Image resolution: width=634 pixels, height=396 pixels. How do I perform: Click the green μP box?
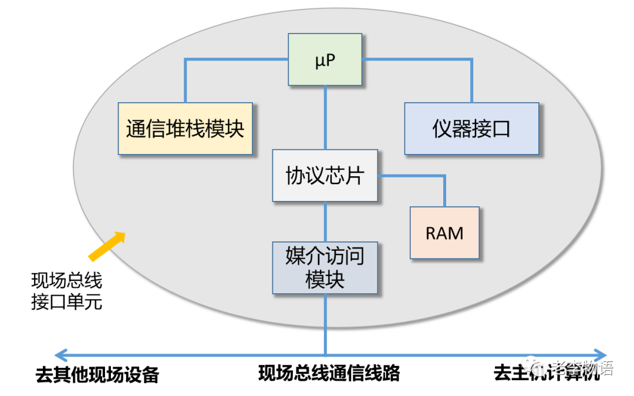325,59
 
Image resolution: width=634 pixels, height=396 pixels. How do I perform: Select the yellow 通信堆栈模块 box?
185,129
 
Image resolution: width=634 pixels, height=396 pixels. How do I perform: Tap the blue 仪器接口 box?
471,129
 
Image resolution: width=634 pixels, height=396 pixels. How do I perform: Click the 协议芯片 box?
325,176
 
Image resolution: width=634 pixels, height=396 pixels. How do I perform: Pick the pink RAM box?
444,233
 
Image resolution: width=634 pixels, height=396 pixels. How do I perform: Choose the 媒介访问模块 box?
325,267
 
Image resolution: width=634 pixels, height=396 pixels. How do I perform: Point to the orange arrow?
107,245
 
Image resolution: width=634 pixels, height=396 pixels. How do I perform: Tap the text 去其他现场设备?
97,374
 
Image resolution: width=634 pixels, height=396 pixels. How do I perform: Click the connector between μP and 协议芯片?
325,118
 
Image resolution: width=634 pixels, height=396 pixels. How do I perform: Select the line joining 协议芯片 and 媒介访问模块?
325,222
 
